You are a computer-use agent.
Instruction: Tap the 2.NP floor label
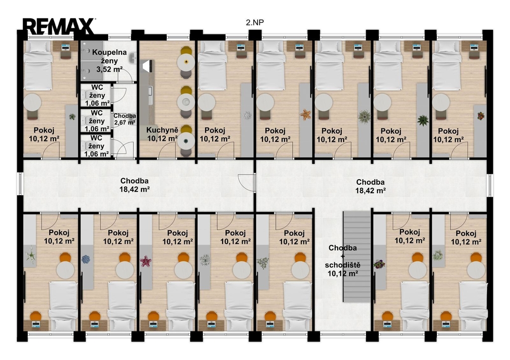tap(255, 22)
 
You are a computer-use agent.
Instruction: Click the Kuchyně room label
tap(162, 134)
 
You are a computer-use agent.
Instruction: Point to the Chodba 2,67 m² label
tap(125, 119)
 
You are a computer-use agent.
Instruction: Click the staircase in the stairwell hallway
tap(357, 256)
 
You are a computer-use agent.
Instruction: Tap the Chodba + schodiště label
tap(343, 261)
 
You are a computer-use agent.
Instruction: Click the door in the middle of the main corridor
tap(247, 182)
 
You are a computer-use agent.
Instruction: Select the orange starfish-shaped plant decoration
tap(305, 115)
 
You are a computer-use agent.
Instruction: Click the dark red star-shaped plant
tap(146, 261)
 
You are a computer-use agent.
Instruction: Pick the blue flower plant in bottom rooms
tap(86, 259)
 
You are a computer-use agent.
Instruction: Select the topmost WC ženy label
tap(97, 95)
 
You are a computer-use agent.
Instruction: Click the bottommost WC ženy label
tap(97, 146)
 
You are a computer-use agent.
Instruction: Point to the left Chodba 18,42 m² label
tap(134, 185)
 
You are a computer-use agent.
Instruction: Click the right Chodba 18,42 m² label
tap(370, 186)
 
